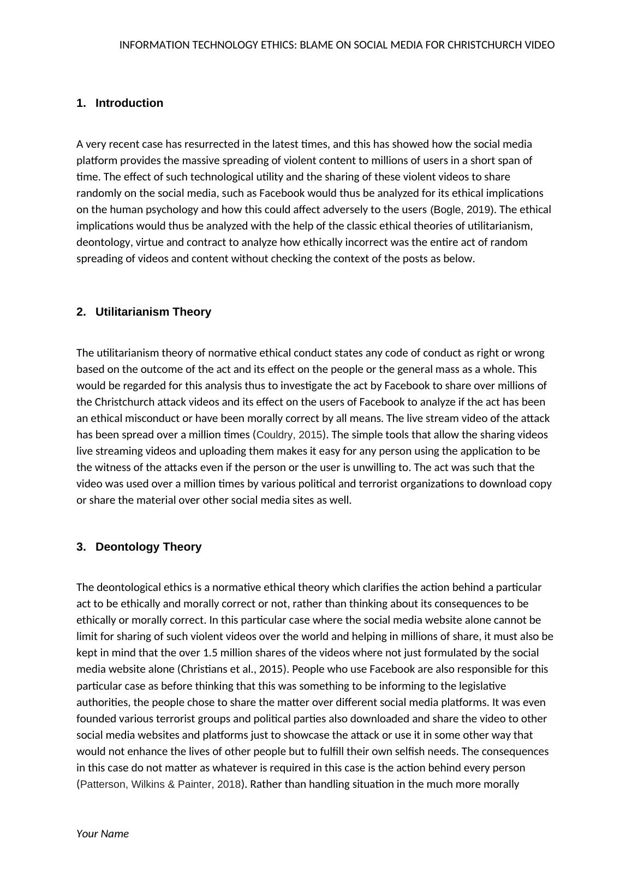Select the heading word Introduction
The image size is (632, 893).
click(x=129, y=103)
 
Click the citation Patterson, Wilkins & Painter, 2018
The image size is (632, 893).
click(x=160, y=784)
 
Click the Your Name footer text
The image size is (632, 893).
click(x=103, y=834)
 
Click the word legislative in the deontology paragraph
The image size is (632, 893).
click(x=479, y=685)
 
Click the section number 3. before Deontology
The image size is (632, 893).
click(x=81, y=547)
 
